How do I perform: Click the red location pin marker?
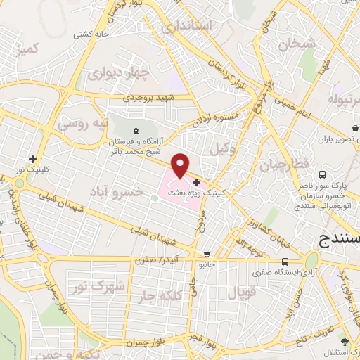[x=180, y=166]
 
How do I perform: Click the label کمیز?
[x=29, y=49]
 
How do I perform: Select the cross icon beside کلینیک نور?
[x=32, y=159]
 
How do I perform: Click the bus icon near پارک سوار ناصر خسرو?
[x=321, y=174]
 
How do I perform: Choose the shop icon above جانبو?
[x=206, y=255]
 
